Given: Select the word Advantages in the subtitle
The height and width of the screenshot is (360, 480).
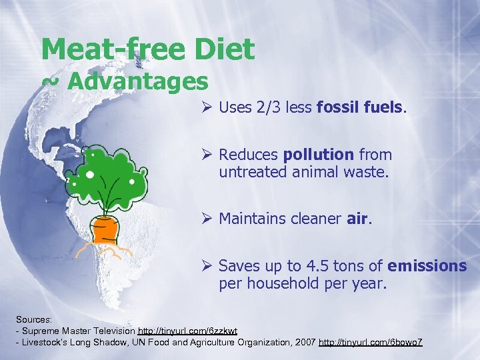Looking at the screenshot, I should (x=138, y=81).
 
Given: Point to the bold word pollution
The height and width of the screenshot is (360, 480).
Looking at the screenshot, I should (x=319, y=155).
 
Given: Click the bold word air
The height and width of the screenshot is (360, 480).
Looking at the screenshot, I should (x=357, y=218).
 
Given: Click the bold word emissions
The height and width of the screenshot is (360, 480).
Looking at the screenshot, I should (x=427, y=266).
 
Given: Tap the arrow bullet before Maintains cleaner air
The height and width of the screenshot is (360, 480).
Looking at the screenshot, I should (x=207, y=218).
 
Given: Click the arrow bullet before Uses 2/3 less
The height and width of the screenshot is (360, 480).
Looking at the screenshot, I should (x=207, y=107).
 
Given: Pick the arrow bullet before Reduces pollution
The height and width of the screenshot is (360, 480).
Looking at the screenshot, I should (x=207, y=155).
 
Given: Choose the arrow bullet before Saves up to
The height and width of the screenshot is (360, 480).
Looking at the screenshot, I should (x=207, y=266).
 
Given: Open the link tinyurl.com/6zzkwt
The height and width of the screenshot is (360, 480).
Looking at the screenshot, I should (x=187, y=331).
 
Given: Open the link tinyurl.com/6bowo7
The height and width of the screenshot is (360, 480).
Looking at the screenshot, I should (x=371, y=342).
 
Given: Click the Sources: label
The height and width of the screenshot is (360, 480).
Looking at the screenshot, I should (x=34, y=319).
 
